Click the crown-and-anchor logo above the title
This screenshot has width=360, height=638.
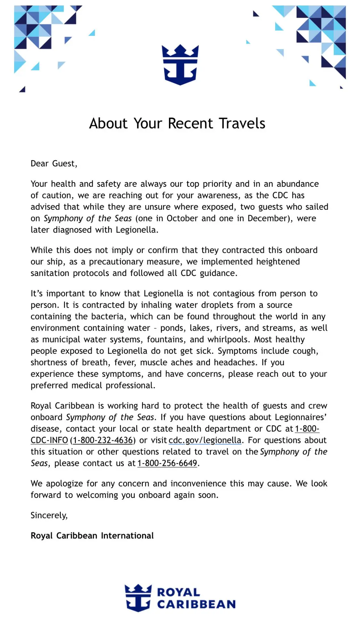click(x=180, y=65)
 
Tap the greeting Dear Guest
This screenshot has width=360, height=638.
click(x=54, y=164)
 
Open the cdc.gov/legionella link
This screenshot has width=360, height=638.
click(x=205, y=440)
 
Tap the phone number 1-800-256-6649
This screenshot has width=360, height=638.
click(x=167, y=463)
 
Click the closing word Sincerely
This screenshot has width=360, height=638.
click(x=49, y=515)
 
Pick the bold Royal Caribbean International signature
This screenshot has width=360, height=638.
click(x=92, y=536)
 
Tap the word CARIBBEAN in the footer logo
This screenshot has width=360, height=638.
click(x=196, y=604)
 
